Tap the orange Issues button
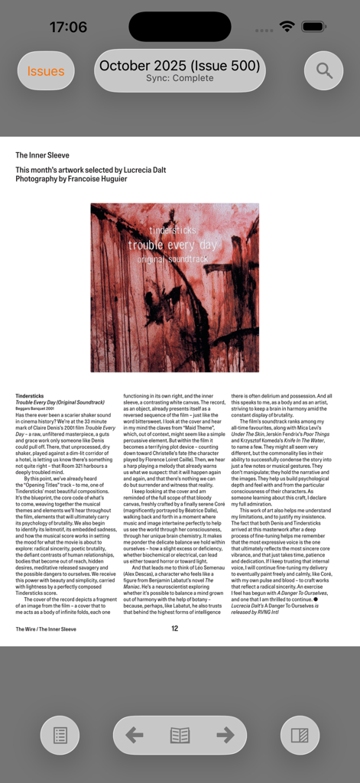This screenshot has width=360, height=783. tap(46, 71)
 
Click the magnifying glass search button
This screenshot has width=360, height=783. tap(324, 71)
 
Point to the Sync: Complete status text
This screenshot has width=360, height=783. tap(180, 78)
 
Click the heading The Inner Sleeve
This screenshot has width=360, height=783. tap(42, 155)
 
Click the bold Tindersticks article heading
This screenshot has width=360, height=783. tap(30, 396)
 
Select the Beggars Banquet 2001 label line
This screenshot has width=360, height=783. tap(34, 408)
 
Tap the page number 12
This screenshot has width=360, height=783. tap(175, 629)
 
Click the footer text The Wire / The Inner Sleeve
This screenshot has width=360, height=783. tap(46, 629)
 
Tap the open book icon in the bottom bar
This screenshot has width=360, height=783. tap(180, 736)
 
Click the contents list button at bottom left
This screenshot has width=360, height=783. tap(60, 736)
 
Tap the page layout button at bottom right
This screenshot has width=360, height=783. tap(300, 736)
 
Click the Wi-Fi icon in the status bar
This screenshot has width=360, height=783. tap(287, 27)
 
